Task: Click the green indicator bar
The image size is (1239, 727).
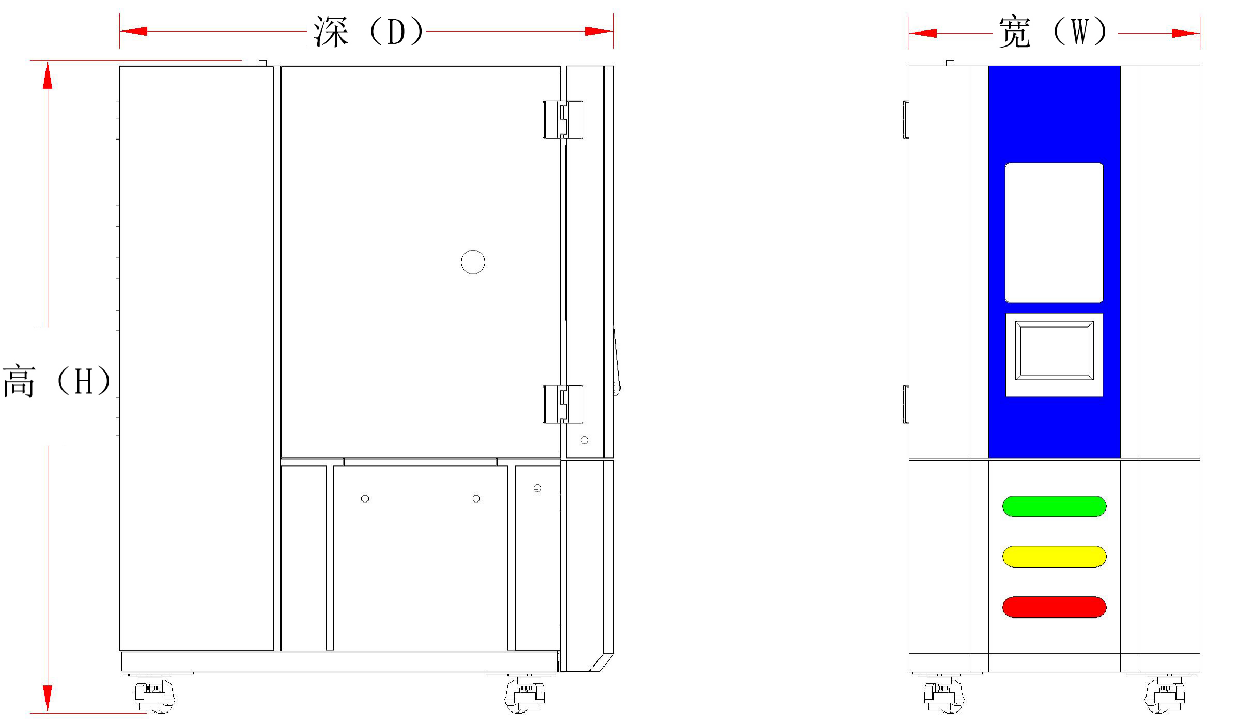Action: (1054, 506)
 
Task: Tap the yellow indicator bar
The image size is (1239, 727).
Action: (1054, 556)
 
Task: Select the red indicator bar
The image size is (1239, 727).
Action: (1054, 607)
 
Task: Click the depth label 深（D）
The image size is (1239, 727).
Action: (368, 32)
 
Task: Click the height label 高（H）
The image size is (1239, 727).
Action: (57, 381)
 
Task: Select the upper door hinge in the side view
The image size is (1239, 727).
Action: (563, 120)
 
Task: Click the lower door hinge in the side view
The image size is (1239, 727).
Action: (563, 404)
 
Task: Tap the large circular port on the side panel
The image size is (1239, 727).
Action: (473, 262)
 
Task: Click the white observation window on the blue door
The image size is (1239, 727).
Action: (1054, 233)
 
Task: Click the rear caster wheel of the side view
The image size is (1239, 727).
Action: (154, 695)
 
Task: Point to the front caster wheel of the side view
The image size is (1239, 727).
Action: (524, 695)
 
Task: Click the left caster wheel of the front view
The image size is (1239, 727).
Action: (944, 695)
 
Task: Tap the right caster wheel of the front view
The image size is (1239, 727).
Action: (1165, 695)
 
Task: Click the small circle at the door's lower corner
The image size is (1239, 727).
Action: (584, 440)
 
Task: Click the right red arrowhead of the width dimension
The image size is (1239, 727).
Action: (1185, 34)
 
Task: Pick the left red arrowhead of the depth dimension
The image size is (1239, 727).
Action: (134, 31)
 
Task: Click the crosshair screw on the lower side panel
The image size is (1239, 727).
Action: (537, 488)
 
